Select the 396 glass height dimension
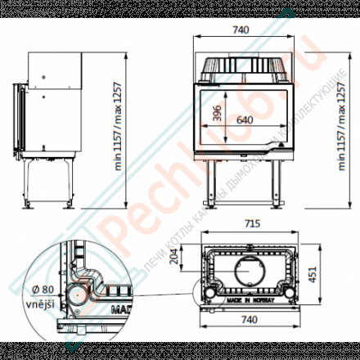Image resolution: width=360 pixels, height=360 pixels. click(x=218, y=115)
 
